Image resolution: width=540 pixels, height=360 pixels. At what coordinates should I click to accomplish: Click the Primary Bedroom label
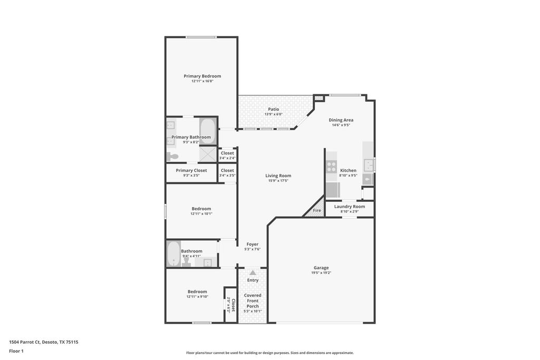pos(202,76)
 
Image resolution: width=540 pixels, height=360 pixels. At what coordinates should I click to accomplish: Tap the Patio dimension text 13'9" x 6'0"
pos(274,114)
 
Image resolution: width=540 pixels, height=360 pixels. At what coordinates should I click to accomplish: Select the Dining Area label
pos(341,120)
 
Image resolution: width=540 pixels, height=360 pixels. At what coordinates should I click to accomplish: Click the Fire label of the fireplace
pos(317,210)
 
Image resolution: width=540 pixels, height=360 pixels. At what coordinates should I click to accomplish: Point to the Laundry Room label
pos(350,207)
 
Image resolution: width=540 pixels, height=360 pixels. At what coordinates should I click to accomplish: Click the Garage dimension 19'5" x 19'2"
pos(321,273)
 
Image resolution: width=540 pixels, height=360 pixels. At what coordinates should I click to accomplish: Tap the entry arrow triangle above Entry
pos(253,273)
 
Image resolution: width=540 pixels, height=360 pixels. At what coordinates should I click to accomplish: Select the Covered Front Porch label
pos(253,301)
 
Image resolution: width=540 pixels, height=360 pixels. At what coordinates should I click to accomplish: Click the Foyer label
pos(253,244)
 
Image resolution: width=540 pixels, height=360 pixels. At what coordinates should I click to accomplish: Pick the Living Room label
pos(278,176)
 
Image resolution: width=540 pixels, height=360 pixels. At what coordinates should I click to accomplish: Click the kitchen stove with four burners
pos(331,167)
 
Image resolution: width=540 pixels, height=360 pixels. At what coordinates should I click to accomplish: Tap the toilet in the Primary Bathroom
pos(172,157)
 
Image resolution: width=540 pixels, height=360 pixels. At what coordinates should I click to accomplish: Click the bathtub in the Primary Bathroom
pos(208,131)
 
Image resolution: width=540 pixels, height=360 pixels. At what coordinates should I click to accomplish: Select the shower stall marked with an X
pos(208,154)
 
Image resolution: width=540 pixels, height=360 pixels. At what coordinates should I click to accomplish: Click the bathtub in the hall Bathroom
pos(173,254)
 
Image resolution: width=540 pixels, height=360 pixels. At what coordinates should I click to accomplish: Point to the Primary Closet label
pos(191,170)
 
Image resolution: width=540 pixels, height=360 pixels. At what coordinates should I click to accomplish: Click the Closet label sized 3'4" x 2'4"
pos(227,153)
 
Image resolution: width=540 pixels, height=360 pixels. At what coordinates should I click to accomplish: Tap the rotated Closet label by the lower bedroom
pos(233,305)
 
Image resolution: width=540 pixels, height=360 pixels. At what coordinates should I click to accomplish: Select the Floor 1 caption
pos(16,351)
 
